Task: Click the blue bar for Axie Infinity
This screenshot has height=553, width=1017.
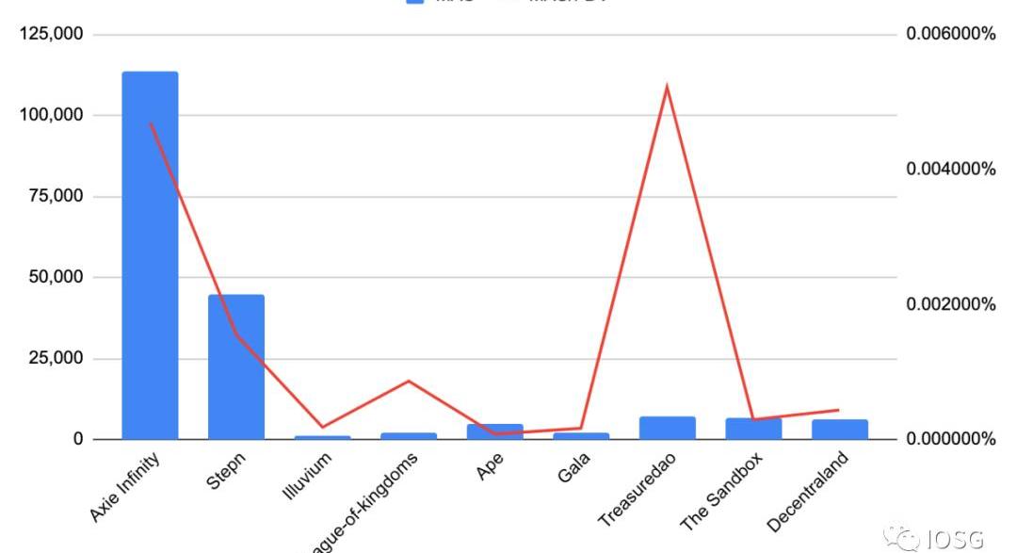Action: coord(150,254)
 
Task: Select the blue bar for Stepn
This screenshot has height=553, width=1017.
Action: coord(235,366)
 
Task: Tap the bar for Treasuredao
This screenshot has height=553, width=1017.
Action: coord(667,428)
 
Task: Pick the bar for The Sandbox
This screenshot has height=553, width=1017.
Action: coord(753,429)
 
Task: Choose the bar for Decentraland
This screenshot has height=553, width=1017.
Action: coord(839,430)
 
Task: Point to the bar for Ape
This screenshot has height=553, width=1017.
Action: coord(494,431)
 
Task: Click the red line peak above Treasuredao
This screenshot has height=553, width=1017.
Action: coord(667,88)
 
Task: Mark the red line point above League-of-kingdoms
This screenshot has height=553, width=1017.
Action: coord(409,381)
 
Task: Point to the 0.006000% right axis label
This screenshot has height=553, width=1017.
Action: coord(950,34)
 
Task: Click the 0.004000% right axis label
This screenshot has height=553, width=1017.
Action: coord(950,170)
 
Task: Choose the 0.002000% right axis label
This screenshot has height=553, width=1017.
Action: coord(950,304)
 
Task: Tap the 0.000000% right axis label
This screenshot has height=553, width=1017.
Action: coord(950,439)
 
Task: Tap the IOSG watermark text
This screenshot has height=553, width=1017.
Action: coord(953,539)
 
